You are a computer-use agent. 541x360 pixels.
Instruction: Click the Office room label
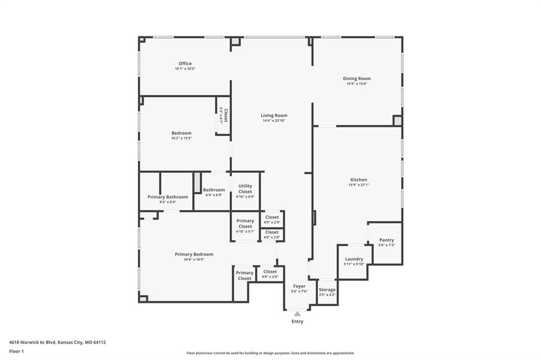pyautogui.click(x=185, y=63)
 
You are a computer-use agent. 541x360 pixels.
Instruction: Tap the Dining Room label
pyautogui.click(x=357, y=79)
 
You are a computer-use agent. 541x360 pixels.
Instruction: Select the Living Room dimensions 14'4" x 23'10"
pyautogui.click(x=274, y=121)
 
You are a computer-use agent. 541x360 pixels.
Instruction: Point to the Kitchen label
pyautogui.click(x=359, y=179)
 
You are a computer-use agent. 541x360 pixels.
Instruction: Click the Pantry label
pyautogui.click(x=386, y=240)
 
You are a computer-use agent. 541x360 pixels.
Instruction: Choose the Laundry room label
pyautogui.click(x=354, y=259)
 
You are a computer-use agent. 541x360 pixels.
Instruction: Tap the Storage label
pyautogui.click(x=327, y=290)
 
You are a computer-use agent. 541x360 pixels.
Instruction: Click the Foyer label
pyautogui.click(x=299, y=286)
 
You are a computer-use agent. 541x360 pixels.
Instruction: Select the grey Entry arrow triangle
pyautogui.click(x=297, y=314)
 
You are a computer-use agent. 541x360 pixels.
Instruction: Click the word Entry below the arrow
pyautogui.click(x=297, y=321)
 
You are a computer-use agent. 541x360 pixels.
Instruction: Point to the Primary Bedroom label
pyautogui.click(x=194, y=254)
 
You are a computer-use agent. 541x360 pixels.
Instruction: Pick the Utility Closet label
pyautogui.click(x=245, y=188)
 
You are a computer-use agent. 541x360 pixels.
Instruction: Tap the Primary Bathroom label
pyautogui.click(x=167, y=197)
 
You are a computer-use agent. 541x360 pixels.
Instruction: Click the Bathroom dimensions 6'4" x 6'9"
pyautogui.click(x=214, y=195)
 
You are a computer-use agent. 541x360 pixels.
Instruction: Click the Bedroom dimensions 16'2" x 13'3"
pyautogui.click(x=182, y=138)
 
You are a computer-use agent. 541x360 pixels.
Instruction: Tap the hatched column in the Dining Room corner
pyautogui.click(x=397, y=121)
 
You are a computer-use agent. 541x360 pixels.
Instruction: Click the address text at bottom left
pyautogui.click(x=57, y=343)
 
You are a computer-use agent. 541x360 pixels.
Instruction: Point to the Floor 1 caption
pyautogui.click(x=16, y=352)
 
